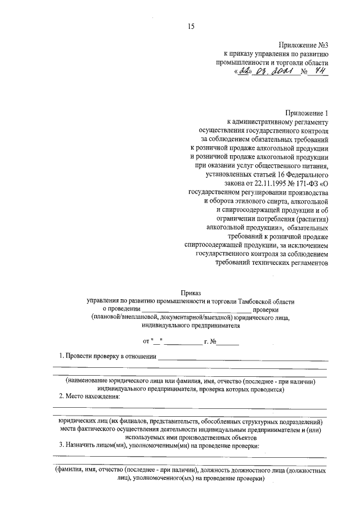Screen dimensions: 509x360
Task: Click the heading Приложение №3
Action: pyautogui.click(x=303, y=45)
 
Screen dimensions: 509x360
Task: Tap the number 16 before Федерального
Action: pyautogui.click(x=281, y=172)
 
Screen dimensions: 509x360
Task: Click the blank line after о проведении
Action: pyautogui.click(x=196, y=310)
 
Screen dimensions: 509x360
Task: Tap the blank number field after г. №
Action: pyautogui.click(x=230, y=342)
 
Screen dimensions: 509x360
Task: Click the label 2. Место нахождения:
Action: pyautogui.click(x=90, y=397)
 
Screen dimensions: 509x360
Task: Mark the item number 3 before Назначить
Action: pyautogui.click(x=61, y=446)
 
